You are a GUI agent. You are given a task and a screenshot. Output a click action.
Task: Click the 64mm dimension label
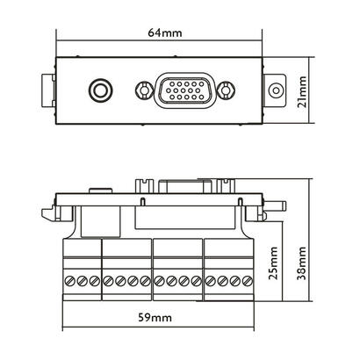pos(160,32)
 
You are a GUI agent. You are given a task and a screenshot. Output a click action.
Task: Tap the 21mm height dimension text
pos(303,89)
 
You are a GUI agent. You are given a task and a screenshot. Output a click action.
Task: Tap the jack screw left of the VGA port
pos(140,90)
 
